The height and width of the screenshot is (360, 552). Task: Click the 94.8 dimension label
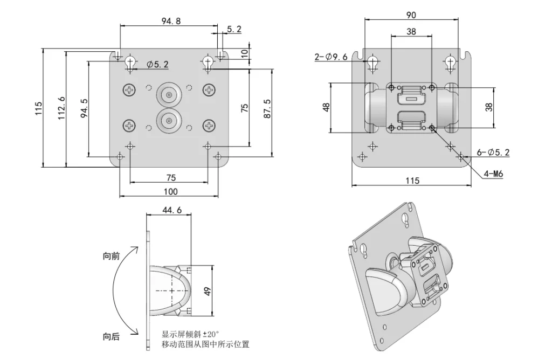[x=170, y=21]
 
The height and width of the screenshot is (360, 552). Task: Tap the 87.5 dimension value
[x=267, y=109]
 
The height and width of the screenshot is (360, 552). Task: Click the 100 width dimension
[x=170, y=191]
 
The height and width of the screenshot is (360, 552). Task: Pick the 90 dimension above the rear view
[x=411, y=15]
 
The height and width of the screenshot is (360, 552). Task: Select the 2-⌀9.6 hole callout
[x=332, y=57]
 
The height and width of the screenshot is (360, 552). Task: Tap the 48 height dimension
[x=326, y=107]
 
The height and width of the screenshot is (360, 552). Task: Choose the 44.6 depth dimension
[x=171, y=211]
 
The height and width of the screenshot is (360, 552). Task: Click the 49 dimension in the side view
[x=208, y=290]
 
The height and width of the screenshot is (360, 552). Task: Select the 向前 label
[x=111, y=257]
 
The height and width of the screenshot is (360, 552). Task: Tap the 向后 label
[x=111, y=337]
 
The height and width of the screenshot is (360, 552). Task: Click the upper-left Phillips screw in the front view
[x=130, y=90]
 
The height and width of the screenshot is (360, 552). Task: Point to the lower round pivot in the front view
[x=169, y=120]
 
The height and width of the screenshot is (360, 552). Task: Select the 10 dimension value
[x=245, y=53]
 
